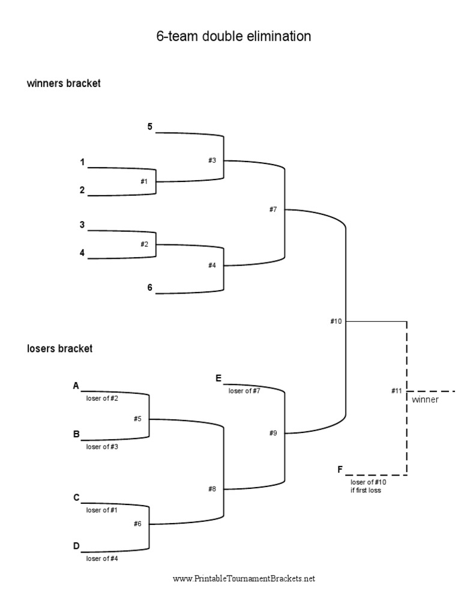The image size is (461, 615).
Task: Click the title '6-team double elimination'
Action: (x=234, y=37)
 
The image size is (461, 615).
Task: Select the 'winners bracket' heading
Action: (x=63, y=84)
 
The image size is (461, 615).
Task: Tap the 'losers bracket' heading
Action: (x=59, y=348)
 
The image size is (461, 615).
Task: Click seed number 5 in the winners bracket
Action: (x=150, y=127)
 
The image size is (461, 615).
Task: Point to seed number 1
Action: (x=82, y=162)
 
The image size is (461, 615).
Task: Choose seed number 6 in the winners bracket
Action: (x=150, y=287)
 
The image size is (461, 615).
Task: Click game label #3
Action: (x=212, y=160)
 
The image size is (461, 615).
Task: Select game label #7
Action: (x=273, y=209)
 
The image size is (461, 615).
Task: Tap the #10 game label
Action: (x=336, y=321)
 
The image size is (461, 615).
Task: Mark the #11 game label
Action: (x=396, y=391)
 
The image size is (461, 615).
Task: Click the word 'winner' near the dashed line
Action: (x=425, y=399)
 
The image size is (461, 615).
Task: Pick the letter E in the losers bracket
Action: (x=218, y=378)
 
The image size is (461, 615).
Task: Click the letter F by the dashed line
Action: (x=341, y=469)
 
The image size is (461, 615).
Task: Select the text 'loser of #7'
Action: (x=244, y=391)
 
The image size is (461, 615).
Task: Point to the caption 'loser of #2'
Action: (x=101, y=398)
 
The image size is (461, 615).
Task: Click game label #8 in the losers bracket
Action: (x=212, y=489)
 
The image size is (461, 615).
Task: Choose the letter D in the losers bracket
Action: (x=76, y=545)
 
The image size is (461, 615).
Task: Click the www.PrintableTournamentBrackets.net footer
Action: (x=244, y=579)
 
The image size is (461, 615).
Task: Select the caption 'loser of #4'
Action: (x=101, y=558)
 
